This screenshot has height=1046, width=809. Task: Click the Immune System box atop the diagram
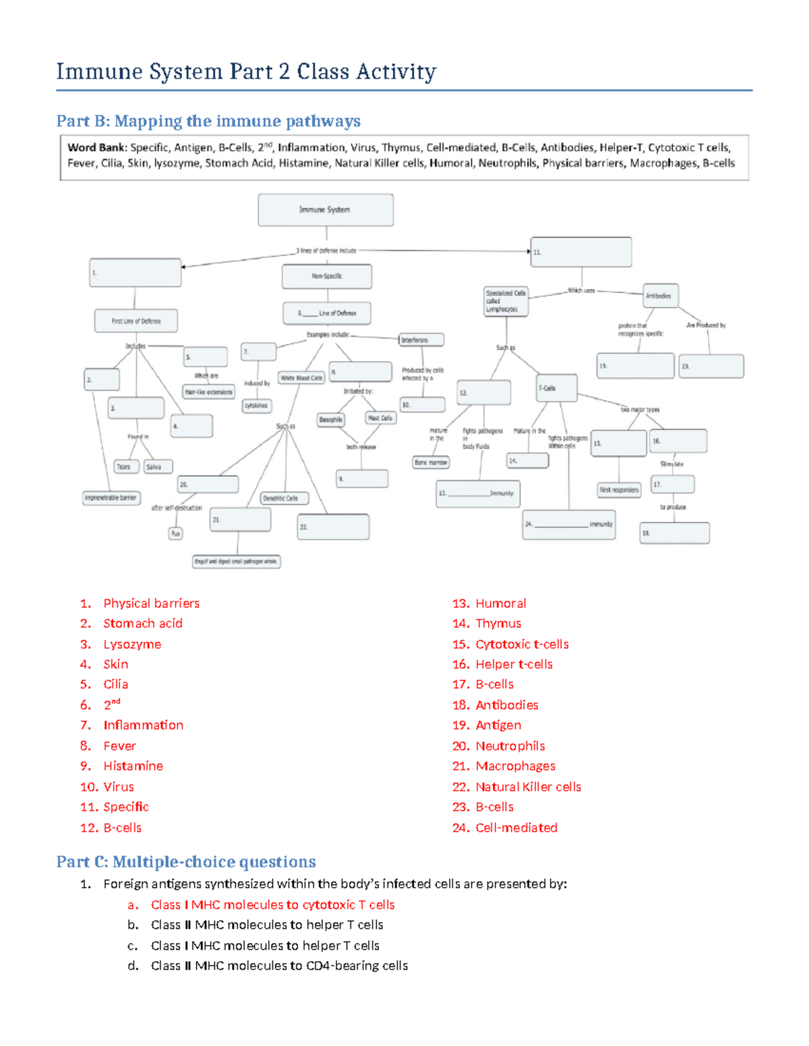pos(326,209)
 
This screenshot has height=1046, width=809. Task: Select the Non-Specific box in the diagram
pos(327,276)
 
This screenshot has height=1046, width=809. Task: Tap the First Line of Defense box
pos(136,321)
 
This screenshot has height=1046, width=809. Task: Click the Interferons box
pos(421,340)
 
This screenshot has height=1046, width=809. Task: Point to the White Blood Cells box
pos(302,378)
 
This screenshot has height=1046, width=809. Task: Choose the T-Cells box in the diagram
pos(557,388)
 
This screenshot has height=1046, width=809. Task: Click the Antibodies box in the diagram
pos(660,296)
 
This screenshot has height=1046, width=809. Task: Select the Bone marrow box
pos(431,463)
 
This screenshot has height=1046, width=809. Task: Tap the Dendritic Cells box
pos(284,498)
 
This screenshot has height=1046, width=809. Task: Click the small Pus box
pos(175,533)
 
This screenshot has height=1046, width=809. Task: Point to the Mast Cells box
pos(380,418)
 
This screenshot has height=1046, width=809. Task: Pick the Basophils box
pos(331,420)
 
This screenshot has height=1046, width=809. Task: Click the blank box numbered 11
pos(581,252)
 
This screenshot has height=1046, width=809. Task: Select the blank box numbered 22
pos(333,527)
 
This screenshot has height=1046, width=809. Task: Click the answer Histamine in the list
pos(133,766)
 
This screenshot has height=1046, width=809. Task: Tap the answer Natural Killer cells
pos(528,787)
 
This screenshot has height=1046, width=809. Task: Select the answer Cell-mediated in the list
pos(516,828)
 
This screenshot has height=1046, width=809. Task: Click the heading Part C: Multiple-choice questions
pos(186,862)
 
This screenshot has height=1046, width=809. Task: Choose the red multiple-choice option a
pos(272,905)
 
